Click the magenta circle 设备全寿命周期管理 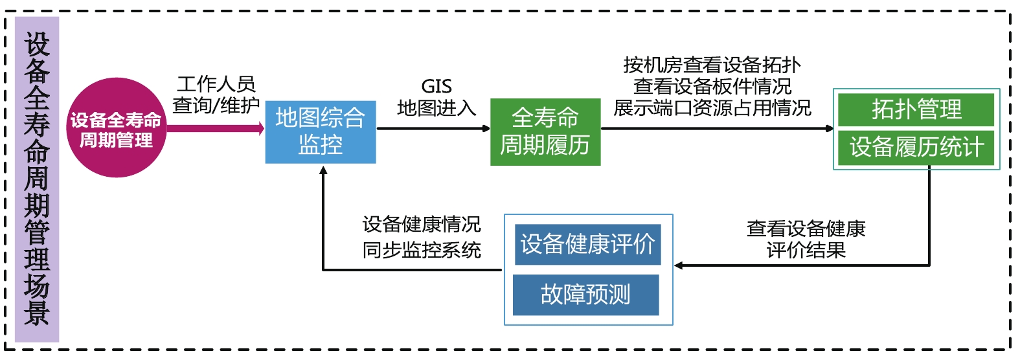(116, 128)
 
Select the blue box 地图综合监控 (321, 131)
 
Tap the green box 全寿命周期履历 (545, 131)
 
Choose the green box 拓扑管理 (916, 109)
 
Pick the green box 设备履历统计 (916, 147)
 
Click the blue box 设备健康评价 (587, 245)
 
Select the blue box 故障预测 (585, 295)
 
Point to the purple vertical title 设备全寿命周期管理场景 (37, 179)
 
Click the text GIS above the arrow (436, 86)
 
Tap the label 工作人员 (216, 84)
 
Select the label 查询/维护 (216, 105)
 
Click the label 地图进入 (436, 107)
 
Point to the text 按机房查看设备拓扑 (712, 65)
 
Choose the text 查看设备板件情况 (712, 86)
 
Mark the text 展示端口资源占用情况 (712, 107)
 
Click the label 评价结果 (806, 250)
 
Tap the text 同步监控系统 (422, 250)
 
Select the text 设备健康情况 (422, 225)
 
